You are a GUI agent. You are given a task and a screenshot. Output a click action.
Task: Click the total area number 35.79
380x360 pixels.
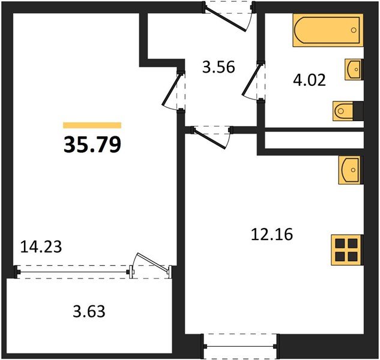[x=92, y=144]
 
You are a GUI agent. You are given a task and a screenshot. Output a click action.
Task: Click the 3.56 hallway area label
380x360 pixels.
[x=217, y=67]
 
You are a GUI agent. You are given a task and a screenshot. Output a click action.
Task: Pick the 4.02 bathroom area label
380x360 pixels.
[x=309, y=80]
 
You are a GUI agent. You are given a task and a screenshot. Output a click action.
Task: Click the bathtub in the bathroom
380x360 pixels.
[x=328, y=31]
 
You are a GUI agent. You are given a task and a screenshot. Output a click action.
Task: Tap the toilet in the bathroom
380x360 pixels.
[x=343, y=110]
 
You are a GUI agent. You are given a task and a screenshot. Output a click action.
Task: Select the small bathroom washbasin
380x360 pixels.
[x=354, y=69]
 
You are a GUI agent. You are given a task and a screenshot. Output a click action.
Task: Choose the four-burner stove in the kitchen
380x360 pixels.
[x=348, y=249]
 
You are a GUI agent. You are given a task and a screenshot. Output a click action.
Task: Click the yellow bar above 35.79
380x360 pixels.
[x=92, y=125]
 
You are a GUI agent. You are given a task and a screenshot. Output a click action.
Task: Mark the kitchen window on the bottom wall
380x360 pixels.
[x=240, y=346]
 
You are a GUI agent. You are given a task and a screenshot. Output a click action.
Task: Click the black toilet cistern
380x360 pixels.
[x=358, y=110]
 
